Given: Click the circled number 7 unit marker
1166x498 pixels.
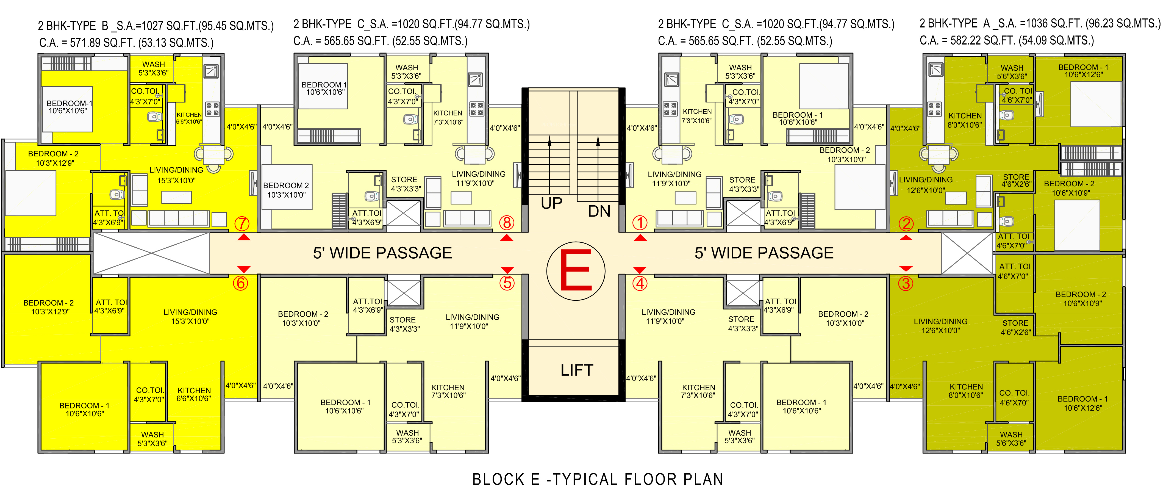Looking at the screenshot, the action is pyautogui.click(x=242, y=223).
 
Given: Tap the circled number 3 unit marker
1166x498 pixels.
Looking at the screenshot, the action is pyautogui.click(x=906, y=283).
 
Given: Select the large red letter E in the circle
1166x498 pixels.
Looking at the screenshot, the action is pyautogui.click(x=576, y=270).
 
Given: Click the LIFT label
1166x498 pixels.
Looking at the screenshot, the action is pyautogui.click(x=577, y=370).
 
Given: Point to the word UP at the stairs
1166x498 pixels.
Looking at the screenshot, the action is pyautogui.click(x=551, y=204).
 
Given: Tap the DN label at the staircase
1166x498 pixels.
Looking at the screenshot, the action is pyautogui.click(x=599, y=211).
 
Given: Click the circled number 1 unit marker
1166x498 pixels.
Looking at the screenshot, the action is pyautogui.click(x=640, y=223).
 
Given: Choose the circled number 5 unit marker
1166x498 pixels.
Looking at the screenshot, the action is pyautogui.click(x=507, y=283).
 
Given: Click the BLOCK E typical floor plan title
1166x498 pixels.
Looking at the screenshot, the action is pyautogui.click(x=598, y=479).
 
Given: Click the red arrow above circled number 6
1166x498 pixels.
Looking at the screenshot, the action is pyautogui.click(x=243, y=269).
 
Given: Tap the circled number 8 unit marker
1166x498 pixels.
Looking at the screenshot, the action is pyautogui.click(x=507, y=223).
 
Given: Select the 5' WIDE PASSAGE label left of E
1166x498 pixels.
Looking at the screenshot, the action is pyautogui.click(x=382, y=253).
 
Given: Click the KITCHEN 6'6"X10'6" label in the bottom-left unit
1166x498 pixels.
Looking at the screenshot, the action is pyautogui.click(x=194, y=394).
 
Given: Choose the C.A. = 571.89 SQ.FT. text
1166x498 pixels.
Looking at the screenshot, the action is pyautogui.click(x=126, y=43).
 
